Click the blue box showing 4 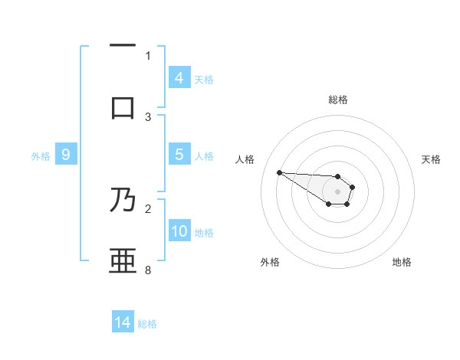tap(179, 77)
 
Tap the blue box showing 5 tap(179, 154)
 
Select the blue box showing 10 tap(179, 231)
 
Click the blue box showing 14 tap(123, 322)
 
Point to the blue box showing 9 tap(66, 155)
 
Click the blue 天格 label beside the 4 tap(204, 79)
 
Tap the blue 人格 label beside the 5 tap(204, 155)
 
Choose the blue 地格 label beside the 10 tap(204, 232)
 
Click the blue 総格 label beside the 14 tap(147, 324)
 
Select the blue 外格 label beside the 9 tap(41, 156)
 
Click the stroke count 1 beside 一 tap(148, 55)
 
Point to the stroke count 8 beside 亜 tap(148, 270)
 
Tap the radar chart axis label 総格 tap(338, 100)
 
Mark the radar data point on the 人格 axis tap(279, 172)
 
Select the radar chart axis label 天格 tap(432, 159)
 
